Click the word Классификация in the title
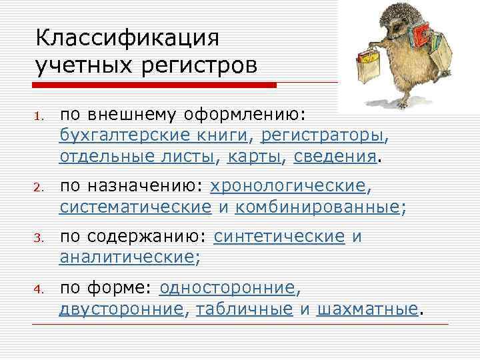point(128,37)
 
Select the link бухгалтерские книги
point(153,135)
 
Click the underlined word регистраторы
point(323,135)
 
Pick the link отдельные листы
point(137,157)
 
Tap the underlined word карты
point(255,157)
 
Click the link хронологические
point(288,185)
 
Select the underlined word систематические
point(135,207)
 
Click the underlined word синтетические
point(279,236)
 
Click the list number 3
point(40,237)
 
